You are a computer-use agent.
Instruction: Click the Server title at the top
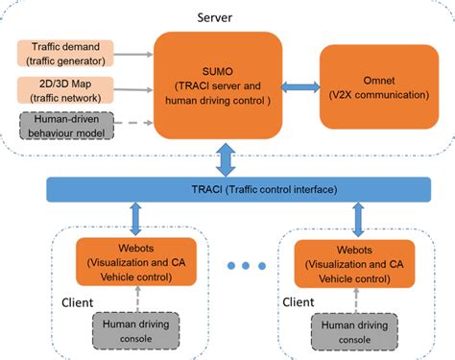pos(219,16)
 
